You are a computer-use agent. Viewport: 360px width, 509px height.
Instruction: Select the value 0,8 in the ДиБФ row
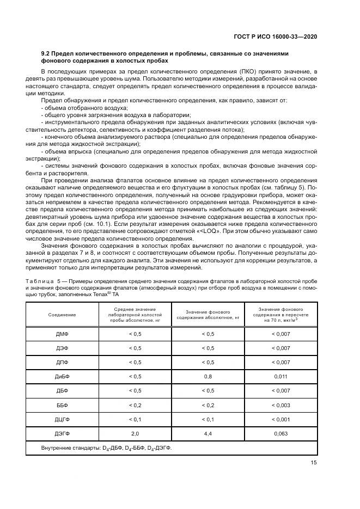(x=208, y=376)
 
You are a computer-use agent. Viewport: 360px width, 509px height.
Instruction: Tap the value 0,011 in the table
(x=281, y=376)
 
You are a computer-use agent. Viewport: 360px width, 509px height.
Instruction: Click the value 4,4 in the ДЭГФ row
(x=208, y=433)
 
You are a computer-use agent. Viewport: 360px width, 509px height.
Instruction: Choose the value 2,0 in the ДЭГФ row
(x=135, y=433)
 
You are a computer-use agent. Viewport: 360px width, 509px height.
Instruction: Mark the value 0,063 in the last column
(x=281, y=433)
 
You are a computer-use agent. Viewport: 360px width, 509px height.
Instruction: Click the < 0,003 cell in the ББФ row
(x=281, y=404)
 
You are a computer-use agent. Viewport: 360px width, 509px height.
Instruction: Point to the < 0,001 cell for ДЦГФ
(x=281, y=419)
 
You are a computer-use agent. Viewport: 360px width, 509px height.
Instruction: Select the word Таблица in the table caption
(x=53, y=280)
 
